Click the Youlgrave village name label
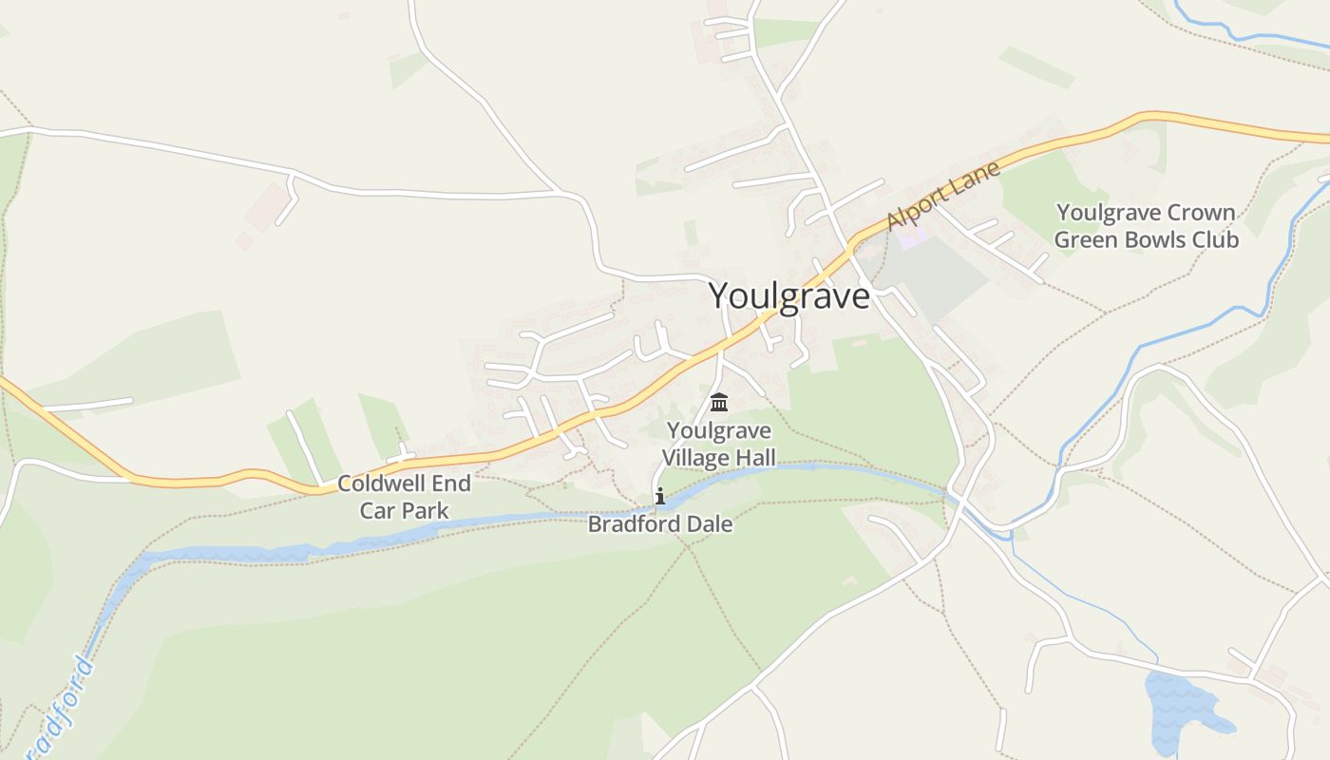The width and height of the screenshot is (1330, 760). [x=788, y=295]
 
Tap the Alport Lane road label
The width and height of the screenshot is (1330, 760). [x=943, y=195]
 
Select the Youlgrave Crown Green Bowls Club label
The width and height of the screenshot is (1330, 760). [x=1146, y=226]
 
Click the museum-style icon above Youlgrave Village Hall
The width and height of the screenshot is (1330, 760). [x=719, y=403]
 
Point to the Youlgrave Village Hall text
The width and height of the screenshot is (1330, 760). [x=718, y=445]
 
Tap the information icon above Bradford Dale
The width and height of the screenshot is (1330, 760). [x=660, y=496]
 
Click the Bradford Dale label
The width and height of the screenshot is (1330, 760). [x=660, y=523]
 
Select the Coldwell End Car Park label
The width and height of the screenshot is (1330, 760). [x=404, y=497]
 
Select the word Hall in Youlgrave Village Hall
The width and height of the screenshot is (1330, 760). [x=754, y=458]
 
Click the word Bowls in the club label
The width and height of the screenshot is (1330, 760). [x=1156, y=239]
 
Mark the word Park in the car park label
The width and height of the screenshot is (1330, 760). [x=424, y=510]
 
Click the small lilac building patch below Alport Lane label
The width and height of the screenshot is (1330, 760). [x=911, y=237]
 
